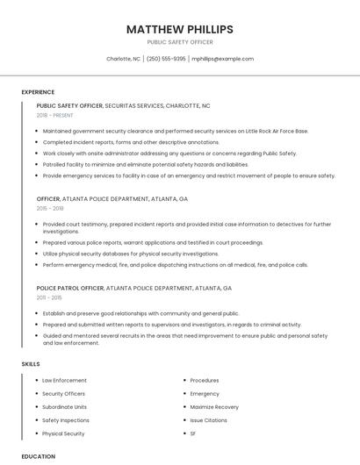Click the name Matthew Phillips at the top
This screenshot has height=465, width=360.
(x=180, y=28)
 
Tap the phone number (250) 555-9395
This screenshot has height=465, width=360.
(x=166, y=59)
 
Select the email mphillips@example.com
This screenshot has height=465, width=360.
(x=222, y=59)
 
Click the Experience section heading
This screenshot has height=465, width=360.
(x=38, y=92)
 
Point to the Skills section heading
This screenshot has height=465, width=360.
(x=31, y=363)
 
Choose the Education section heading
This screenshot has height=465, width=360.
(x=38, y=456)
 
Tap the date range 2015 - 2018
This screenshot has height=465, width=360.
(x=50, y=209)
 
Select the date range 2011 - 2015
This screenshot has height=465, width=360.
(x=50, y=297)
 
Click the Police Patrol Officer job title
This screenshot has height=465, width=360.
(x=70, y=288)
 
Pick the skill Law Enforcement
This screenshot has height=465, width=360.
(x=64, y=381)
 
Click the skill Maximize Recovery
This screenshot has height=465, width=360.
(x=214, y=407)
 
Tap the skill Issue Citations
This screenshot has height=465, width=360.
(x=208, y=420)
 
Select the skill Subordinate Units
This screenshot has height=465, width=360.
(x=64, y=407)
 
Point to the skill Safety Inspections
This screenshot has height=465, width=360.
(x=66, y=420)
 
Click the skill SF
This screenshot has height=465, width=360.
(x=193, y=433)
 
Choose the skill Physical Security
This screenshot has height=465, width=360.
(x=63, y=433)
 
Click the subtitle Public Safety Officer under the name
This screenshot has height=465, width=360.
(x=180, y=42)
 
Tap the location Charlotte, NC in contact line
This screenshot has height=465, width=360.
(x=123, y=59)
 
